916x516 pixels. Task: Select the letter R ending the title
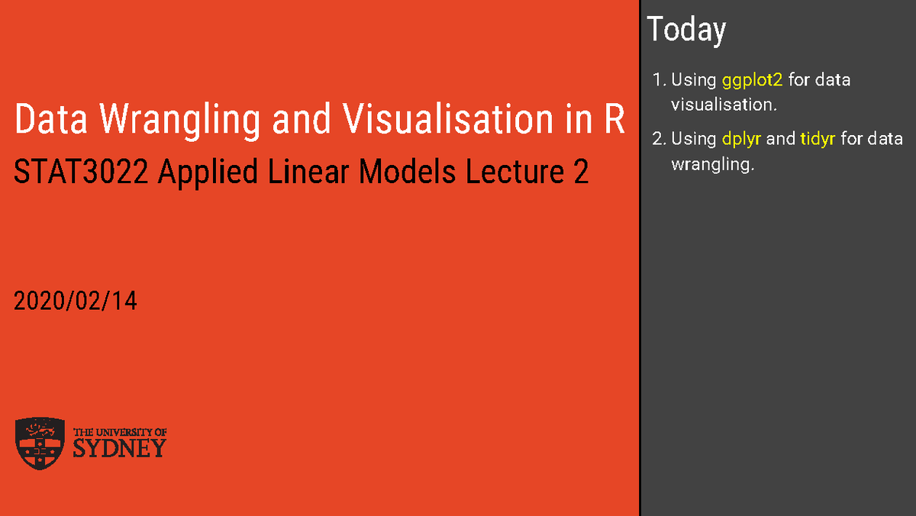(x=614, y=121)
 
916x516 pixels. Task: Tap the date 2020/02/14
(x=76, y=302)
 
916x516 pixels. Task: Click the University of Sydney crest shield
(x=40, y=443)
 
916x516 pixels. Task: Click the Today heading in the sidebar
(x=686, y=30)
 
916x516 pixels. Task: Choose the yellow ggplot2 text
(x=752, y=80)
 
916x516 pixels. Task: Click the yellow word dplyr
(x=741, y=139)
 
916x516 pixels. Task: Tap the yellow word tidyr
(x=818, y=139)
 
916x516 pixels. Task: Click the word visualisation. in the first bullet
(x=724, y=105)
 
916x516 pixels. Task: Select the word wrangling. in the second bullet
(x=711, y=164)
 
